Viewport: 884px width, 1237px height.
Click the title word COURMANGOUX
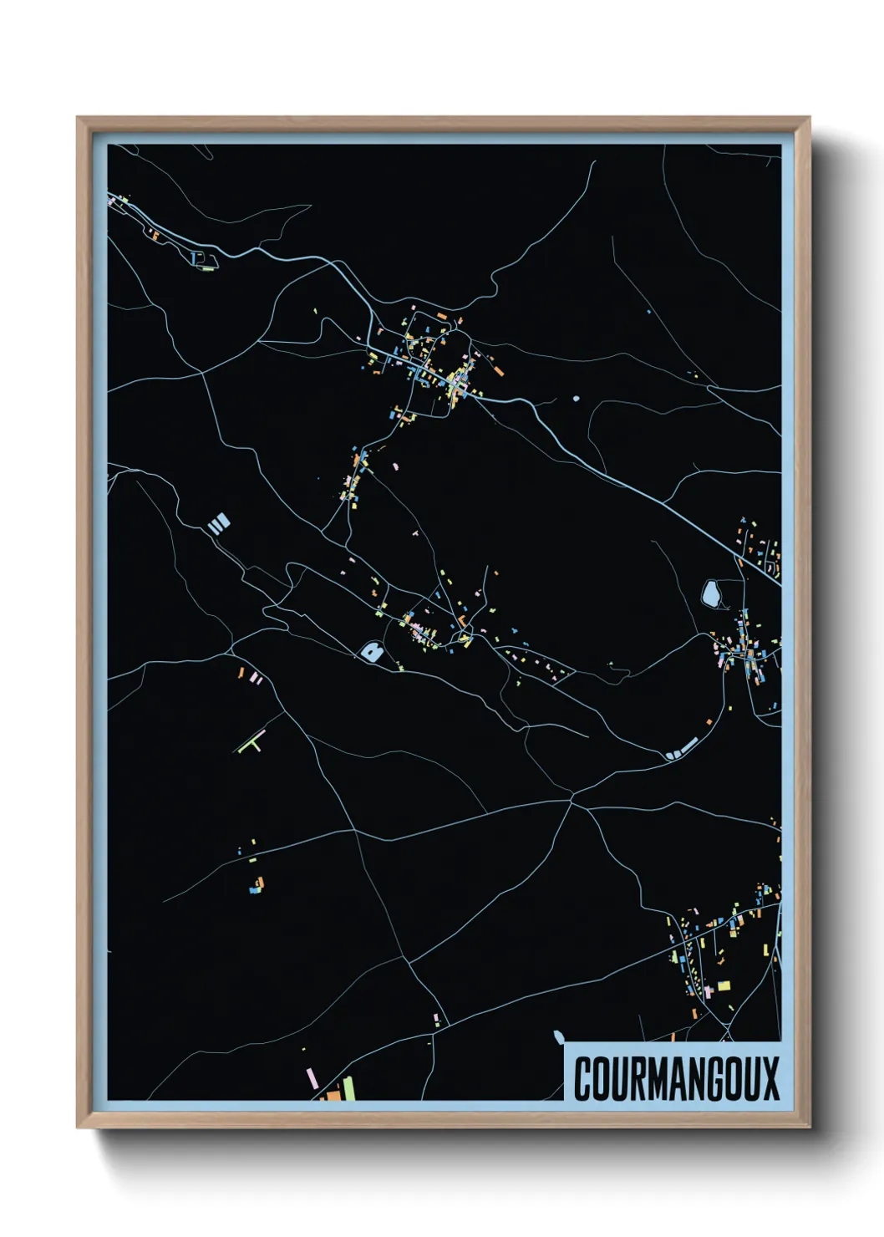click(676, 1078)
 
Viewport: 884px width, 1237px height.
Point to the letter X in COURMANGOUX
click(770, 1078)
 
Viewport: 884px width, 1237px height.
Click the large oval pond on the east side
click(711, 594)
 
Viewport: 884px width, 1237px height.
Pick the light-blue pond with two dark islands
click(371, 651)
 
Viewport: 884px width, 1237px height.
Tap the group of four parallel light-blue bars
click(218, 524)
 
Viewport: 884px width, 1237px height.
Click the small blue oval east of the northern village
click(575, 398)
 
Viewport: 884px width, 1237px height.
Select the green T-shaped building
click(251, 742)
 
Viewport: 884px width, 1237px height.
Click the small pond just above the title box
click(558, 1037)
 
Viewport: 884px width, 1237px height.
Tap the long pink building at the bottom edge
click(312, 1077)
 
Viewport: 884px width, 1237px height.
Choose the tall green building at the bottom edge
click(348, 1087)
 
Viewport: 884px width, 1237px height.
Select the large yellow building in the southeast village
click(724, 985)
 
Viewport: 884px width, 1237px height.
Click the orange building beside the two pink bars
click(242, 672)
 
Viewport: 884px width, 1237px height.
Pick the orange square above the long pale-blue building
click(709, 720)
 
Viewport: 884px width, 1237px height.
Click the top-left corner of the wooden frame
click(78, 118)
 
